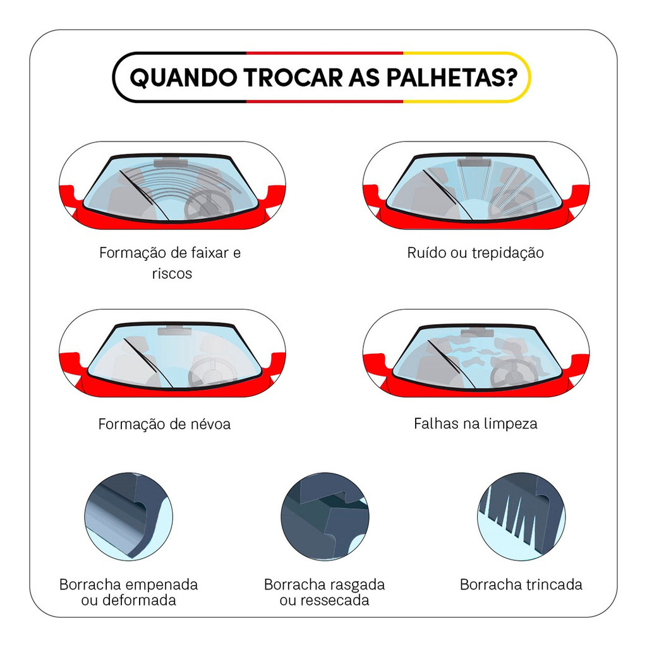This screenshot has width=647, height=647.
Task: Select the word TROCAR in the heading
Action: (x=293, y=78)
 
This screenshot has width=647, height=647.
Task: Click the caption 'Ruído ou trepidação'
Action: (x=475, y=253)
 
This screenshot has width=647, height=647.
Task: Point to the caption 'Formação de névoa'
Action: (x=164, y=424)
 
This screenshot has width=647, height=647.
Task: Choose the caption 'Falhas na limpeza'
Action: (x=475, y=423)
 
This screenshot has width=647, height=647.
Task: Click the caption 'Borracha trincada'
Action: (x=521, y=584)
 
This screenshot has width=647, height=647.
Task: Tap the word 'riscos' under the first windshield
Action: (x=172, y=273)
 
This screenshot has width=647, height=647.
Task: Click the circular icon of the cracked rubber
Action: (x=521, y=517)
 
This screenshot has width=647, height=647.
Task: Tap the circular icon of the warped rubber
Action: (x=129, y=517)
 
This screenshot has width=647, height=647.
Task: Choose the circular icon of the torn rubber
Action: (x=325, y=517)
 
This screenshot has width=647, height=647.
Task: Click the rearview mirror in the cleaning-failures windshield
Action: (x=478, y=332)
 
